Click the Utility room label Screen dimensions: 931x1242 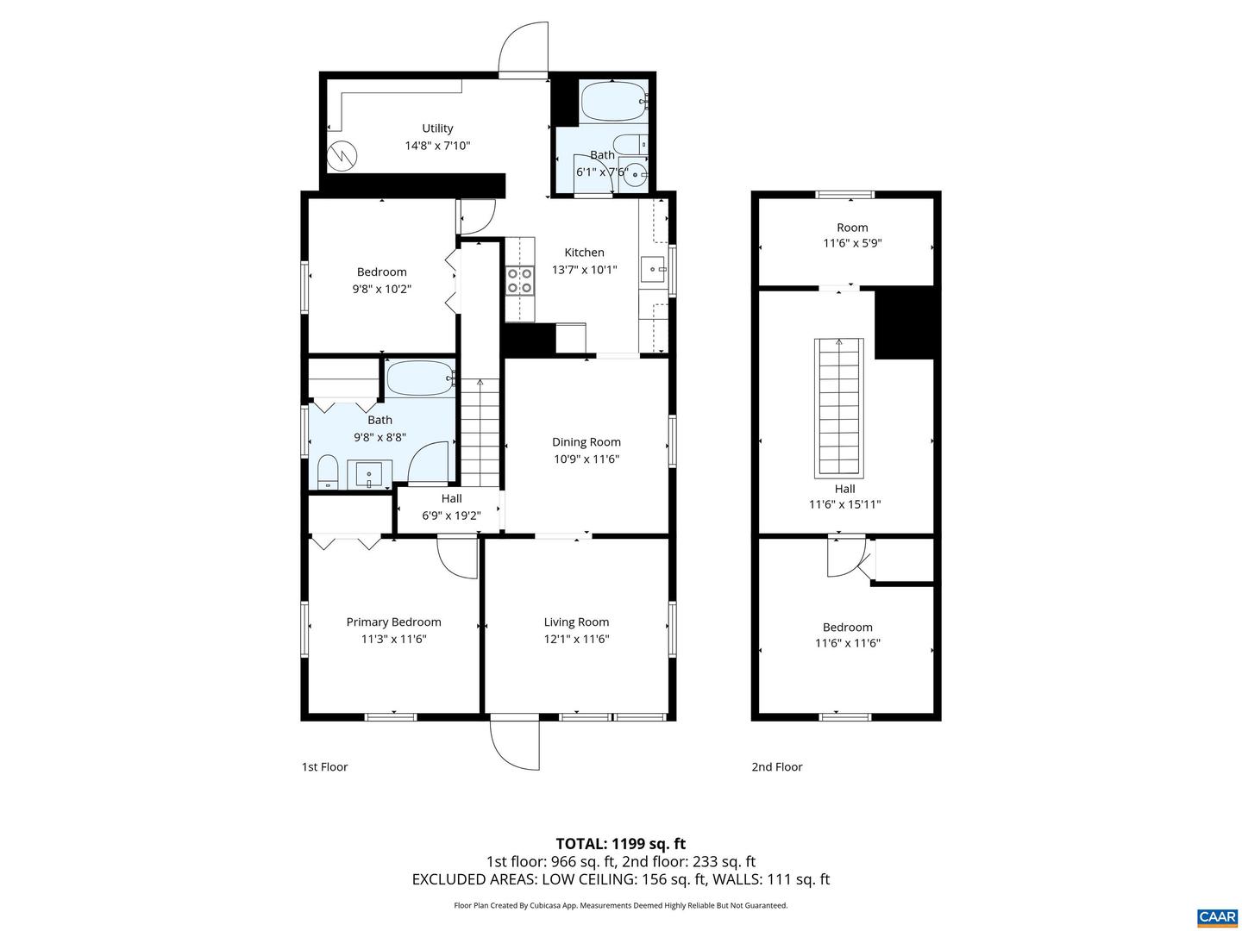click(x=437, y=128)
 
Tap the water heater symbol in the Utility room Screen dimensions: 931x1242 click(x=344, y=156)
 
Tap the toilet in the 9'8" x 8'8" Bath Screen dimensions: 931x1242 click(x=327, y=472)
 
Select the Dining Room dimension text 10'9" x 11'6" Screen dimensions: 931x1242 click(x=586, y=459)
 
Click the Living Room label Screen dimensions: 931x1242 click(x=576, y=622)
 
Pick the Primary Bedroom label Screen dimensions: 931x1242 click(x=393, y=622)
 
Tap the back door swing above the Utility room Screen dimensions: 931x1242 click(x=524, y=48)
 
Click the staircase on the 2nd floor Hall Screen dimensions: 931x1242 click(x=838, y=407)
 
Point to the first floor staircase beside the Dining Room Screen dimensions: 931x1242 click(x=480, y=431)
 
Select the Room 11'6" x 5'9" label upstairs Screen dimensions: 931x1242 click(x=852, y=228)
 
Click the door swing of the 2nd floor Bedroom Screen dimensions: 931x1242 click(x=845, y=558)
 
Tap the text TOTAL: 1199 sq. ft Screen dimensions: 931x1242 click(x=620, y=843)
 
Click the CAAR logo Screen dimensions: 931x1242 click(x=1217, y=916)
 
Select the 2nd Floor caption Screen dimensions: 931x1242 click(x=776, y=766)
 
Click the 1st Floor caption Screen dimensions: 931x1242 click(x=324, y=766)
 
